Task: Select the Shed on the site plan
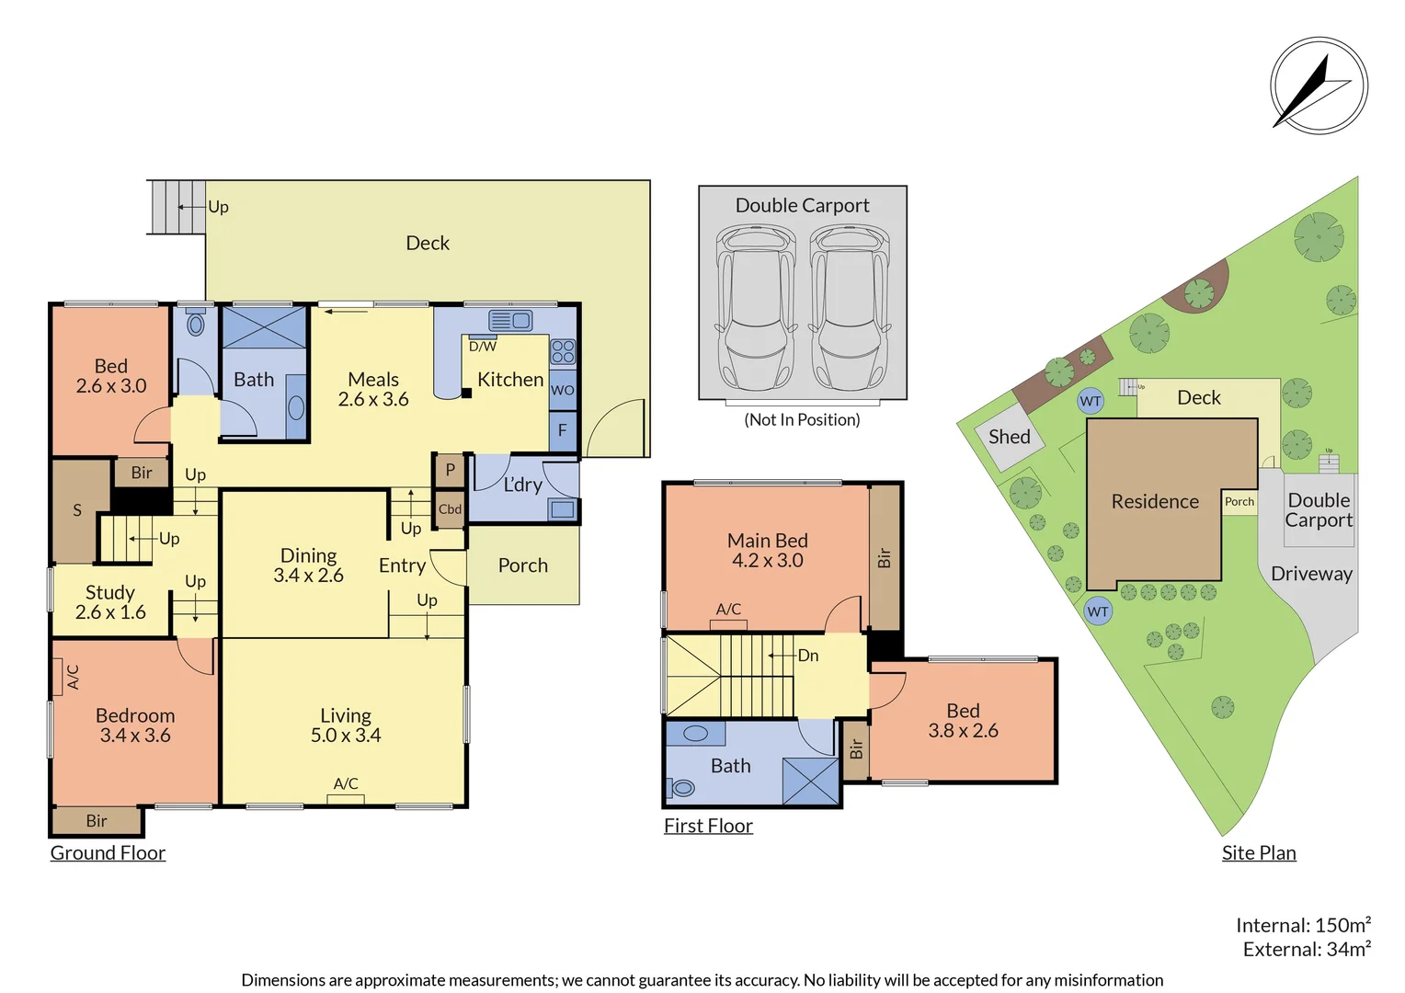tap(1010, 438)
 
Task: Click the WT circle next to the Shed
tap(1090, 401)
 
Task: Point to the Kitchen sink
tap(510, 321)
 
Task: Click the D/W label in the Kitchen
tap(483, 347)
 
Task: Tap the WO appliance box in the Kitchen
tap(563, 390)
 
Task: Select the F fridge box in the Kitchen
tap(563, 430)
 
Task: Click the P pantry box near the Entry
tap(450, 470)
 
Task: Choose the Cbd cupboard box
tap(450, 509)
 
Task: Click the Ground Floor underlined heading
tap(108, 853)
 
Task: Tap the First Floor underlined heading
tap(708, 827)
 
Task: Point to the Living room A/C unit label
tap(346, 784)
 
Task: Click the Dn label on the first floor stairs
tap(808, 656)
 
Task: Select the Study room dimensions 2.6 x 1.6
tap(110, 612)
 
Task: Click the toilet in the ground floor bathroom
tap(195, 324)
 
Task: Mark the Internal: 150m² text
tap(1303, 925)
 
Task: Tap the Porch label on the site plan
tap(1239, 502)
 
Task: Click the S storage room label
tap(77, 510)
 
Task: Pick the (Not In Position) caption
tap(802, 420)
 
